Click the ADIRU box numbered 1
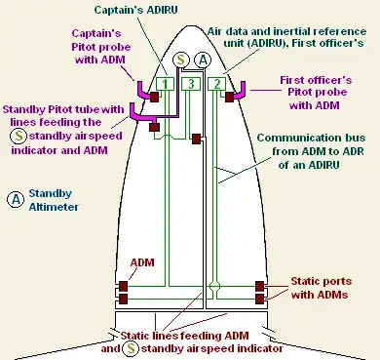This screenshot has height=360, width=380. click(x=168, y=84)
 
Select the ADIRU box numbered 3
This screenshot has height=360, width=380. click(x=192, y=84)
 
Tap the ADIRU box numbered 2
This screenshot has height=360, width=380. click(x=217, y=84)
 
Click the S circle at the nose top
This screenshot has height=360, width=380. click(x=181, y=60)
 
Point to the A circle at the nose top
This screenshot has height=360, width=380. click(x=203, y=60)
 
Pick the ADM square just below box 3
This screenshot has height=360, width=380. click(x=197, y=140)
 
